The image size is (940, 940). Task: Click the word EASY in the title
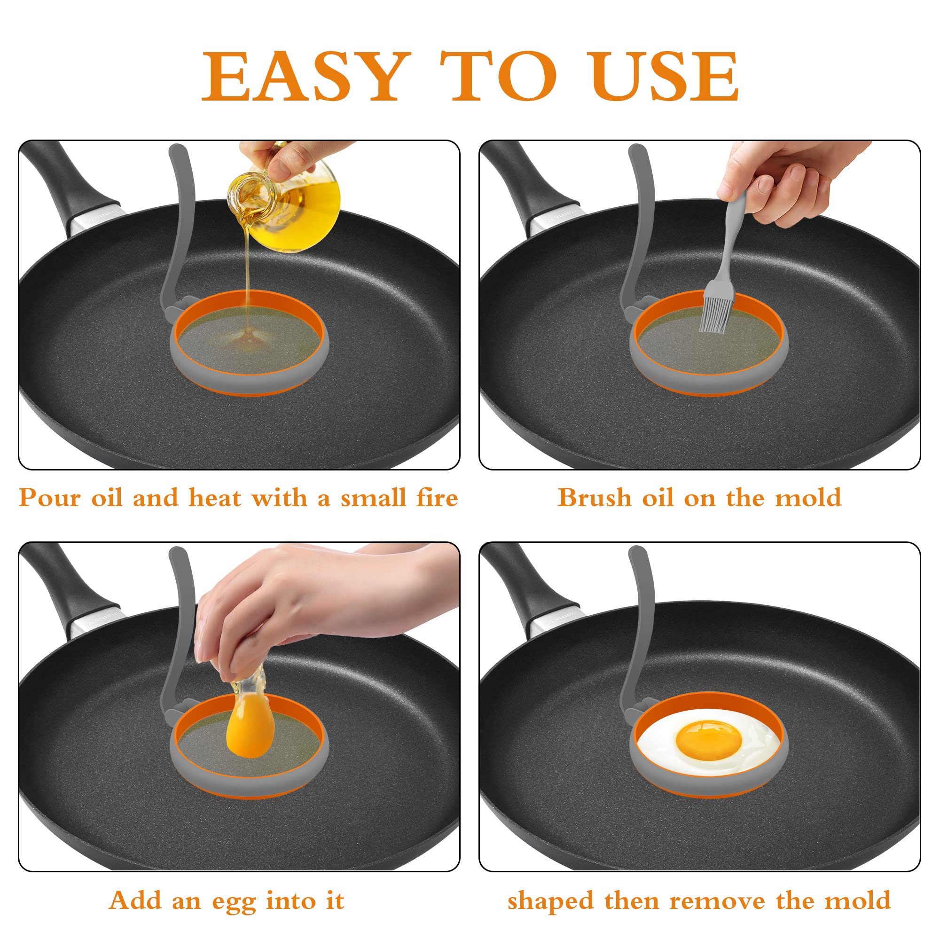click(x=304, y=77)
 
